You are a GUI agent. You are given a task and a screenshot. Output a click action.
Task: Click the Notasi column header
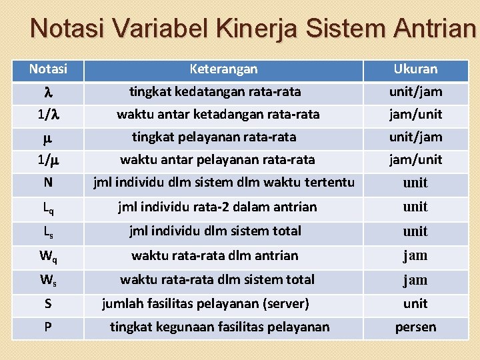point(48,69)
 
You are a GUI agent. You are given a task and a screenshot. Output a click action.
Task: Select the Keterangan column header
point(223,69)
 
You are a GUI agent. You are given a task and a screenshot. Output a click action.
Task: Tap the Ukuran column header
point(415,69)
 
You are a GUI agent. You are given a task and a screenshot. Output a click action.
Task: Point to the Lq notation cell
point(48,207)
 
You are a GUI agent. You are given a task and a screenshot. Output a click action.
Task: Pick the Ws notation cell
point(48,280)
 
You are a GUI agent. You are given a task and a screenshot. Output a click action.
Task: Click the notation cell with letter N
point(48,183)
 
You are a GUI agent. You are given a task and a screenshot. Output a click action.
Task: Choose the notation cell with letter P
point(48,327)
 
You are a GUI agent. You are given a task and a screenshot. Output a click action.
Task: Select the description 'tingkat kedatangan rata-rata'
point(215,91)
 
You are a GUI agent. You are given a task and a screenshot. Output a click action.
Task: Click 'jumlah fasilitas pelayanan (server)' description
point(205,303)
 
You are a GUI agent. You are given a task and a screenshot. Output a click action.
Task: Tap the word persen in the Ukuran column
point(415,327)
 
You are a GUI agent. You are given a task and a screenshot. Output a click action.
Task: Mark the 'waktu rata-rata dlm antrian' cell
point(215,255)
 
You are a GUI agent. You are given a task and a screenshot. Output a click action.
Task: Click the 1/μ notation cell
point(48,160)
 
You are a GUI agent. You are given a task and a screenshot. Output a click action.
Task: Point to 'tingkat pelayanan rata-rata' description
point(214,137)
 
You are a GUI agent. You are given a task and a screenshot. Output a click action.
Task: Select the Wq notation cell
point(48,256)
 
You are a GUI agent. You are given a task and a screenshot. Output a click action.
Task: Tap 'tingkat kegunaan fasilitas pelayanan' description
point(219,327)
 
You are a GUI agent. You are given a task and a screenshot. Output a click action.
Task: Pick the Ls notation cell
point(48,232)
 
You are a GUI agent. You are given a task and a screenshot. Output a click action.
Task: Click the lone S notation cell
point(48,304)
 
